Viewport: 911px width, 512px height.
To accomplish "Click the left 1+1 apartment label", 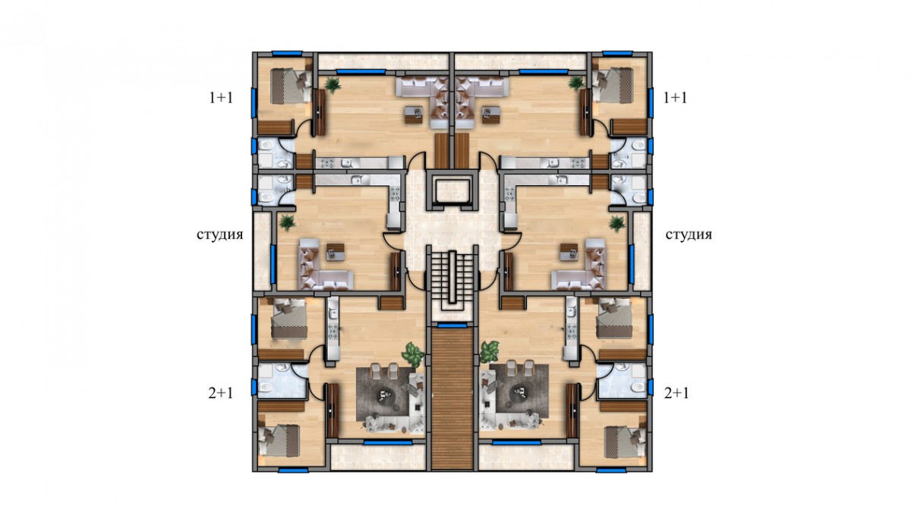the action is point(221,98).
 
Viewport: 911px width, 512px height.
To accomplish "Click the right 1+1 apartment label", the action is point(676,98).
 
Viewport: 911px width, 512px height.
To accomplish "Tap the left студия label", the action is point(220,235).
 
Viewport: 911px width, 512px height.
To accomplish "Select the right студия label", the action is point(689,235).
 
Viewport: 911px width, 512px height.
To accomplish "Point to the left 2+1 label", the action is point(221,394).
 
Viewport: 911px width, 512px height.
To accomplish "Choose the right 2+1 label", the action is point(676,394).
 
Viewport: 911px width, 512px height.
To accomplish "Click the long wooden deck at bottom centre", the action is point(452,399).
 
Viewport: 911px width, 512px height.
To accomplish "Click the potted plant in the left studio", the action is point(288,222).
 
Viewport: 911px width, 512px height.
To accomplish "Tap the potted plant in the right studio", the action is point(617,223).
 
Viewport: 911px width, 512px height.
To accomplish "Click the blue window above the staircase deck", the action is point(452,325).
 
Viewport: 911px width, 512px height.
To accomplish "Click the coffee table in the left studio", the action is point(336,252).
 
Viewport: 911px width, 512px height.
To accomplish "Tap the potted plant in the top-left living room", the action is point(333,84).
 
